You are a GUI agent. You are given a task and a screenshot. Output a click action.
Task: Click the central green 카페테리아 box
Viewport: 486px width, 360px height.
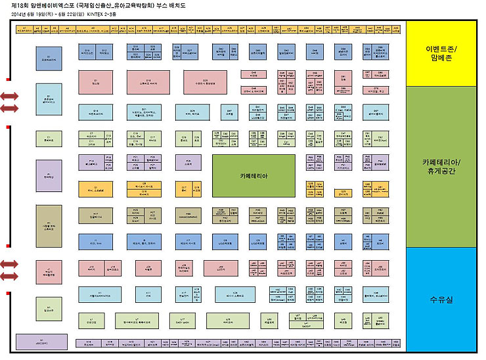coord(253,176)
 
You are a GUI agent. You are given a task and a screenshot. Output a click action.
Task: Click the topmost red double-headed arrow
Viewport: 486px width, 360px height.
coord(9,96)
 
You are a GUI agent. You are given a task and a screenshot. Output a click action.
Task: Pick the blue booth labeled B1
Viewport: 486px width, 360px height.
coord(49,58)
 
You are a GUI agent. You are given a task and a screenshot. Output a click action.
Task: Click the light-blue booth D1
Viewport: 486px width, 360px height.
coord(49,95)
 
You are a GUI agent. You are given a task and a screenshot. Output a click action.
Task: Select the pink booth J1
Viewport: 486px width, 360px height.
coord(49,271)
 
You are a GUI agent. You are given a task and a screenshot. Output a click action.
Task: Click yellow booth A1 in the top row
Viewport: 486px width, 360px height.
coord(24,29)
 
